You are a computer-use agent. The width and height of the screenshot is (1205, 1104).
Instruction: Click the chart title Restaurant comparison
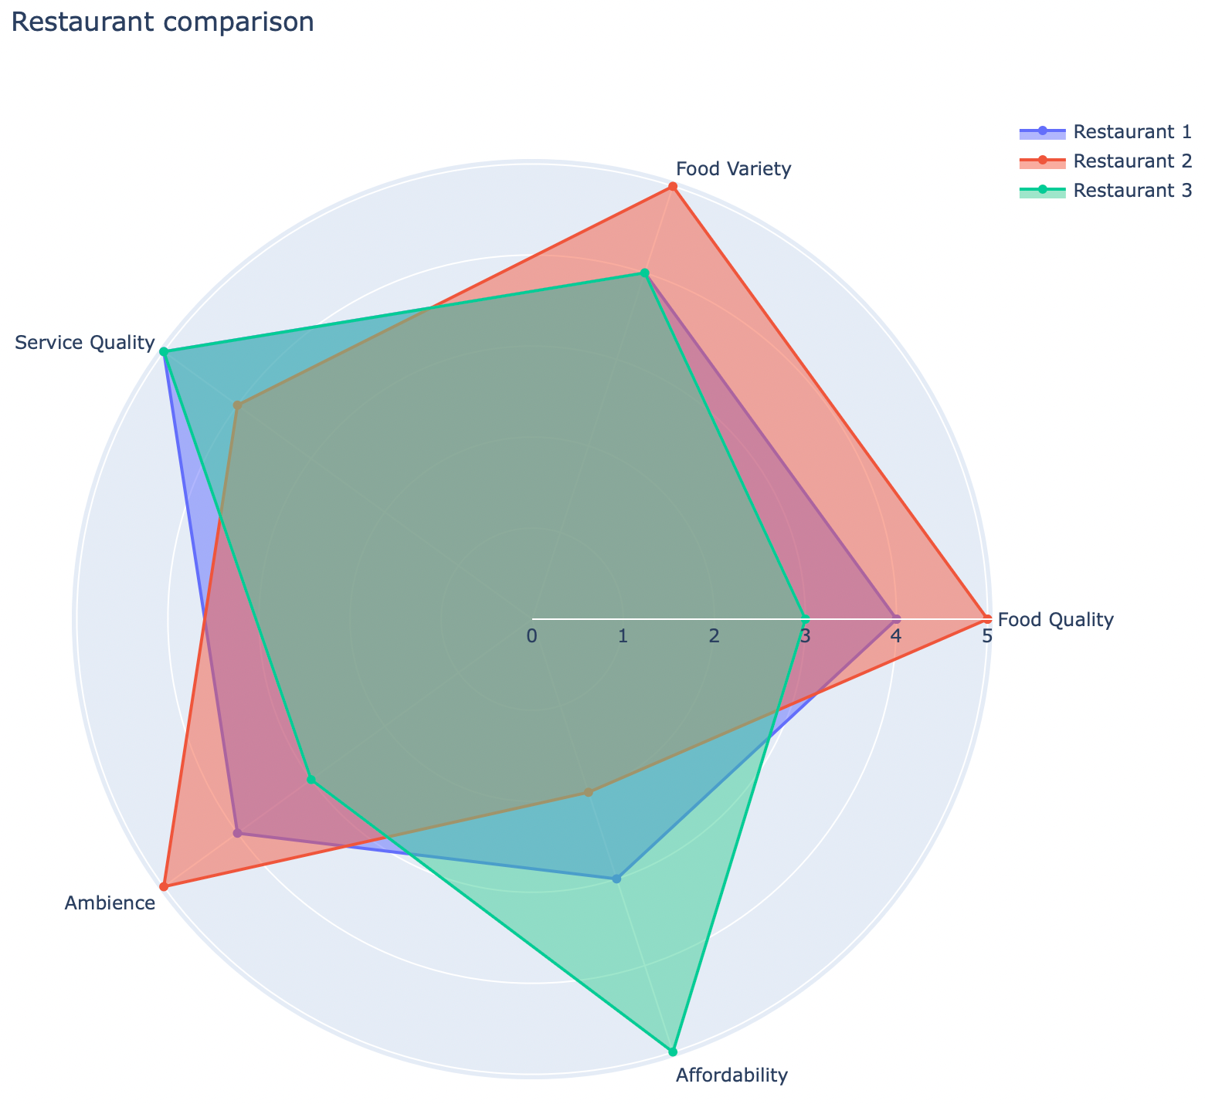[x=163, y=22]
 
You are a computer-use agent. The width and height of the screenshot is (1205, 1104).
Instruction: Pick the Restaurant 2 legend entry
[x=1132, y=161]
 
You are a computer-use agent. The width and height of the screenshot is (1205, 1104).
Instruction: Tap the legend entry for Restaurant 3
[x=1132, y=190]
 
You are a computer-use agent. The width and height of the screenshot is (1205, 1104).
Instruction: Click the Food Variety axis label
[x=733, y=169]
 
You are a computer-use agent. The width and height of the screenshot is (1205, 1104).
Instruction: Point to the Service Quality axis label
[x=85, y=343]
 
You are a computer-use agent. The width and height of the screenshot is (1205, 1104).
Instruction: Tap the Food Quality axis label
[x=1055, y=619]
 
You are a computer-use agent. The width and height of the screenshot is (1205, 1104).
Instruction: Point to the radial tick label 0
[x=531, y=637]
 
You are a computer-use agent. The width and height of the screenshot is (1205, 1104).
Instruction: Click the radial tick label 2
[x=714, y=637]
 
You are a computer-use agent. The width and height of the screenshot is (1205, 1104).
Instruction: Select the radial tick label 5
[x=986, y=637]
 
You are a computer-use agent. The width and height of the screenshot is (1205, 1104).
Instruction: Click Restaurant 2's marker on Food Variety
[x=673, y=187]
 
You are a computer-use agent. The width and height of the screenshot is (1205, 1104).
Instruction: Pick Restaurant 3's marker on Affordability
[x=673, y=1052]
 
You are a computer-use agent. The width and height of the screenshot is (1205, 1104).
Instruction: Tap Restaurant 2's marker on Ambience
[x=164, y=886]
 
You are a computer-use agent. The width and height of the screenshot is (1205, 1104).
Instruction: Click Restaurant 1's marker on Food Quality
[x=896, y=618]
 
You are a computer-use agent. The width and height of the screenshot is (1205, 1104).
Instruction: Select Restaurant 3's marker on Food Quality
[x=805, y=618]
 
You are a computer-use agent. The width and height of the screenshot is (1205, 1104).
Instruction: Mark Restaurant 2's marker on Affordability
[x=588, y=792]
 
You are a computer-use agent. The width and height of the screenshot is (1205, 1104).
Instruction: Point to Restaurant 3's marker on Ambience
[x=311, y=779]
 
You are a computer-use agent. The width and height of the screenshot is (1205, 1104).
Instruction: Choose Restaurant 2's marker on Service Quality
[x=238, y=405]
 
